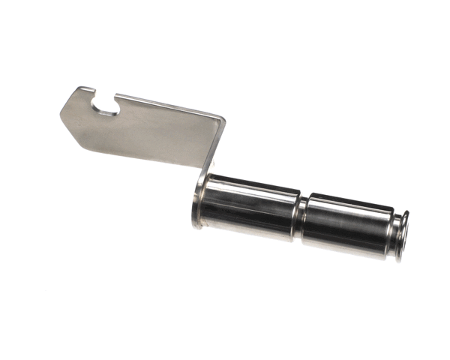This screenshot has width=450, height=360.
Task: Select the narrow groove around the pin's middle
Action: [x=301, y=217]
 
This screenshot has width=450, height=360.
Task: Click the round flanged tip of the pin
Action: [x=402, y=237]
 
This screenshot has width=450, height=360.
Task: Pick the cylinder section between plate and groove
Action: [x=251, y=207]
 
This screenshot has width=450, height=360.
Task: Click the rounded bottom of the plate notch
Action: [x=110, y=113]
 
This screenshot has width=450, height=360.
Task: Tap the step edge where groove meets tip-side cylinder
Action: [x=307, y=218]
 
